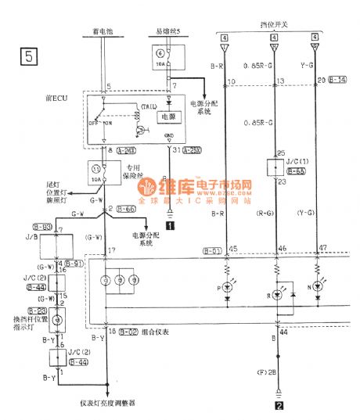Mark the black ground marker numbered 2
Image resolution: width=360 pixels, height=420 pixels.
[276, 405]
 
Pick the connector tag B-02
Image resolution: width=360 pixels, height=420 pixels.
[128, 332]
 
